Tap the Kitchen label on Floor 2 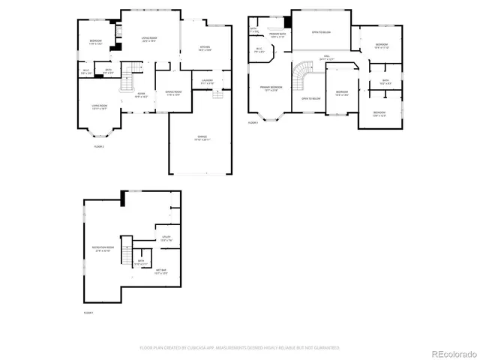(205, 49)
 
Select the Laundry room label (208, 81)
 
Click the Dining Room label (173, 93)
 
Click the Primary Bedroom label (271, 88)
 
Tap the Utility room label (166, 238)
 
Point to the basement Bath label (140, 262)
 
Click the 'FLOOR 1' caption (88, 312)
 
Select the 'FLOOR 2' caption (98, 147)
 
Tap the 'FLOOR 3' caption (253, 122)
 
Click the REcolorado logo (449, 347)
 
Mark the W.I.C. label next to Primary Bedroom (259, 51)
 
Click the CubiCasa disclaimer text (240, 347)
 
